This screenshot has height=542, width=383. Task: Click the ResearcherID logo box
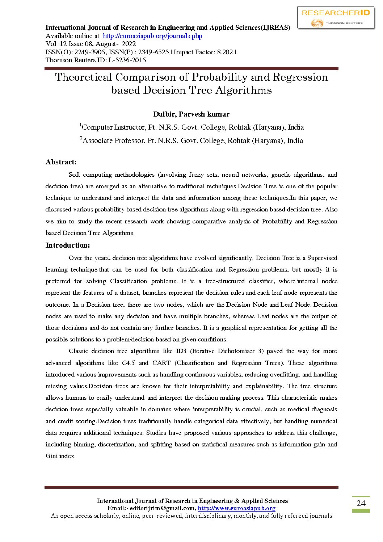(336, 18)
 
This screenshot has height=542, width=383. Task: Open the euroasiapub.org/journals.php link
(152, 36)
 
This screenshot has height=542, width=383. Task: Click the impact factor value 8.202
(225, 52)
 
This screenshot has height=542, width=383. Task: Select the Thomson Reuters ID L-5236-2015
(127, 60)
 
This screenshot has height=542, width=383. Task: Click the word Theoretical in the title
(84, 77)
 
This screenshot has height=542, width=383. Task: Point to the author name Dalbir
(164, 114)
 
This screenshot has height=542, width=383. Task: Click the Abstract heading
(61, 162)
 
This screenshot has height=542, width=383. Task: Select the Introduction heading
(68, 245)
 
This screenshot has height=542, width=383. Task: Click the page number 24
(361, 503)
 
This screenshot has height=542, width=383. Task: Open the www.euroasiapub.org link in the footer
(236, 508)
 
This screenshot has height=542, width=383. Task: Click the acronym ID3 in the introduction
(181, 351)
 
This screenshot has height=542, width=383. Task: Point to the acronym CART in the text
(161, 363)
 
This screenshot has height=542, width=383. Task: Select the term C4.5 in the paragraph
(128, 363)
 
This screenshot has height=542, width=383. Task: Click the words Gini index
(60, 456)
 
